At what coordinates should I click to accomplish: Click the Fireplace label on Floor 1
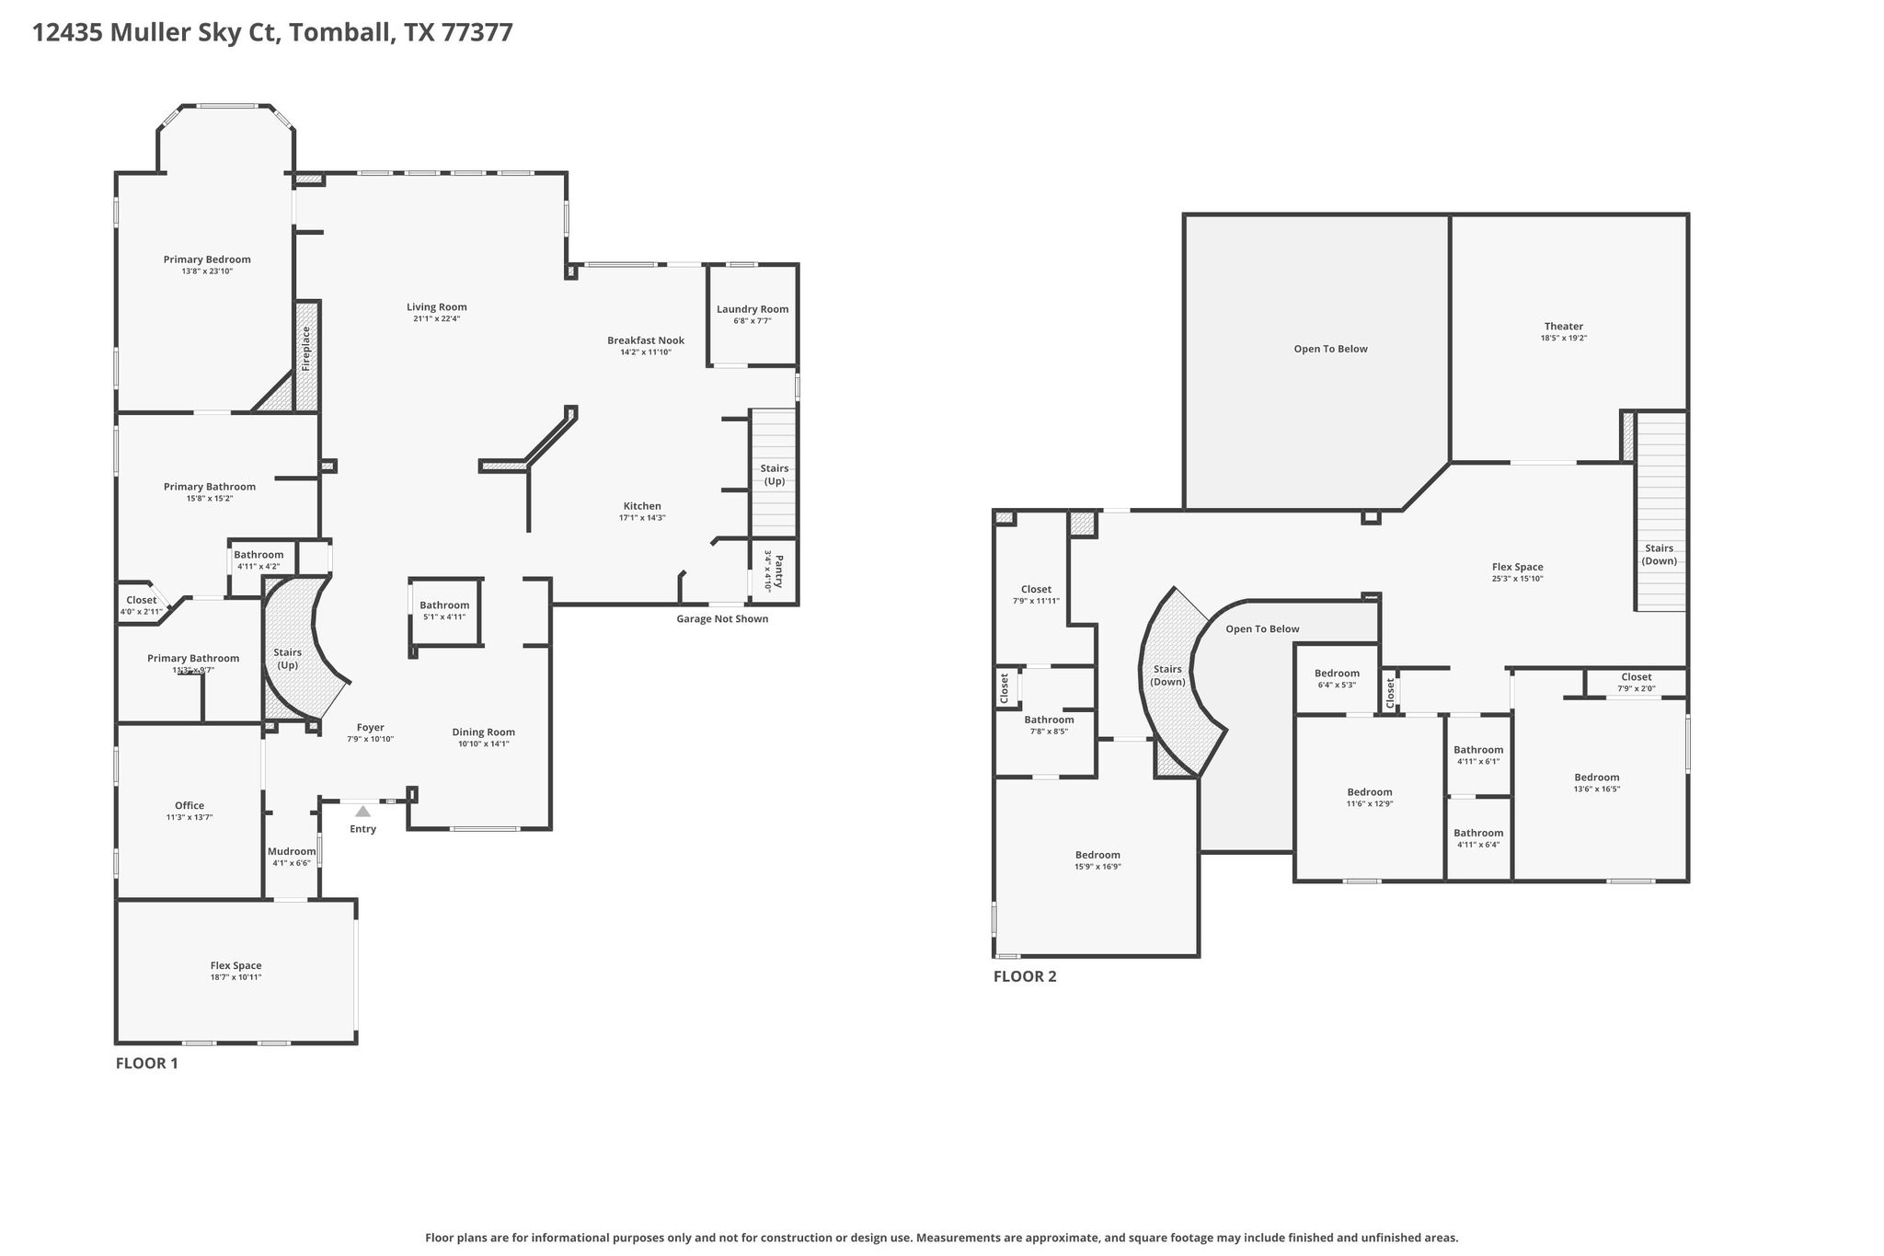coord(306,349)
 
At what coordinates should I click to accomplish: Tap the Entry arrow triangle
coord(363,811)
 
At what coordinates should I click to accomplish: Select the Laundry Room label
coord(752,309)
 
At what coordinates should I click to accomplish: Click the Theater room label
coord(1564,326)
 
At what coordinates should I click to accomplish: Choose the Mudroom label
coord(292,851)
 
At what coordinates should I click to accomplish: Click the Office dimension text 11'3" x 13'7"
coord(190,817)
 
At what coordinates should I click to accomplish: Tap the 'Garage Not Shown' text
coord(722,618)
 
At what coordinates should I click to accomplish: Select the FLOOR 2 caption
coord(1025,976)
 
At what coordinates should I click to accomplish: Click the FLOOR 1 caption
coord(146,1064)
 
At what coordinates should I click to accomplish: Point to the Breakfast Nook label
coord(646,340)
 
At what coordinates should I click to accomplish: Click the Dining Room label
coord(483,732)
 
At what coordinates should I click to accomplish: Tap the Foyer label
coord(371,728)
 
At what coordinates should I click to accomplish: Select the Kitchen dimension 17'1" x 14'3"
coord(642,518)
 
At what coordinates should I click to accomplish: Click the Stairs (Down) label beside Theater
coord(1660,555)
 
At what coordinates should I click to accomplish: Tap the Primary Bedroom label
coord(207,259)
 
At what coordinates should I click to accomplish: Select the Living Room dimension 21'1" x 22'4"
coord(437,319)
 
